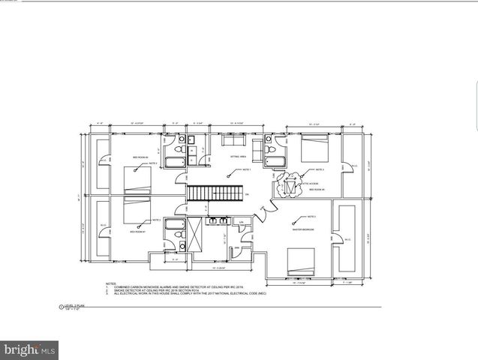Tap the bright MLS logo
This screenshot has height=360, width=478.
[30, 349]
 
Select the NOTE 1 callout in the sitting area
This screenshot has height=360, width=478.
[243, 171]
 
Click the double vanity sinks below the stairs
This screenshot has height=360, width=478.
[218, 220]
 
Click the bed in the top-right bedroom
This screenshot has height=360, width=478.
[311, 147]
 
